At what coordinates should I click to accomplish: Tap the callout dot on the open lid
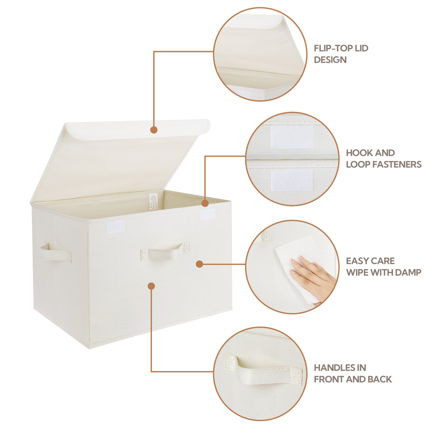click(154, 130)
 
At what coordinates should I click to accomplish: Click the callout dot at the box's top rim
click(205, 203)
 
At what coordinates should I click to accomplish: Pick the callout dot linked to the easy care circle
click(199, 264)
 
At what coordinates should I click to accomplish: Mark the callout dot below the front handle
click(151, 286)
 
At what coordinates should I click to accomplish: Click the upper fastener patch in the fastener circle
click(292, 137)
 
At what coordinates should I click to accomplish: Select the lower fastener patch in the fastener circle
click(292, 180)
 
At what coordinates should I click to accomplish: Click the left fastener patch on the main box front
click(115, 227)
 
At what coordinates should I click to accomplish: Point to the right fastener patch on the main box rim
click(207, 214)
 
